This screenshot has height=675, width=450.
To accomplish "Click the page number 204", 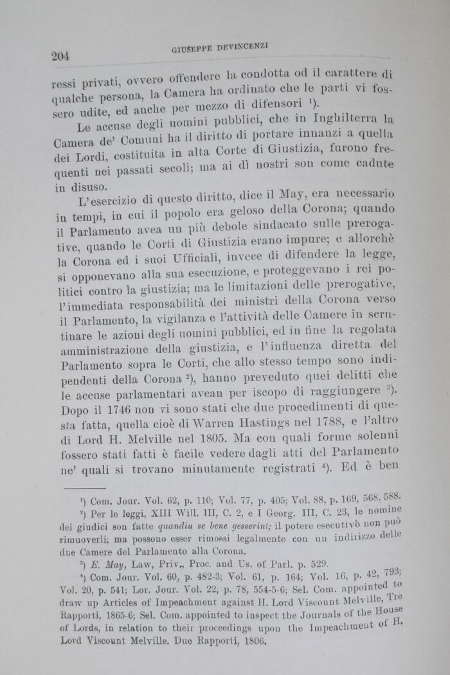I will (60, 56).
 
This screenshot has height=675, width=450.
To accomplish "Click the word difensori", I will (273, 105).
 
